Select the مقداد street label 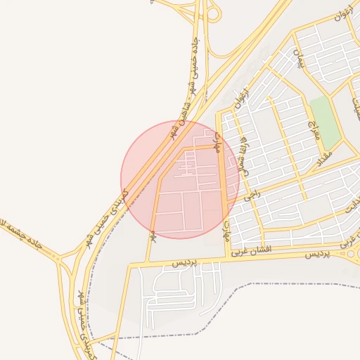324,155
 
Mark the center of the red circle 181,180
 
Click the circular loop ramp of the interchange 214,13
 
